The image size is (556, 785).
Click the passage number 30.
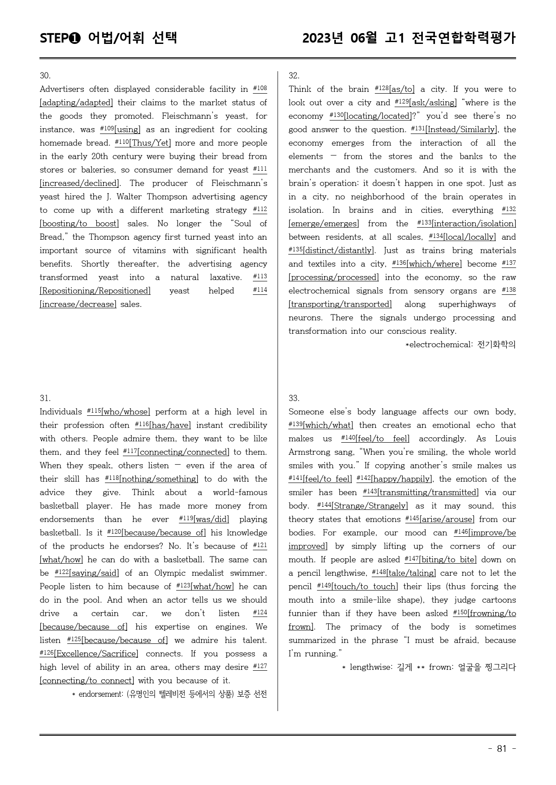click(x=45, y=76)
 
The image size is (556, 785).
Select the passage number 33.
click(x=294, y=398)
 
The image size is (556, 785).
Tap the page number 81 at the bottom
click(x=502, y=749)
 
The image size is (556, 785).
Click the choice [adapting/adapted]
click(x=76, y=103)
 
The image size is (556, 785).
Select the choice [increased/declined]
click(x=79, y=183)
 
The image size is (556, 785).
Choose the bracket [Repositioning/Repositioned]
click(x=95, y=291)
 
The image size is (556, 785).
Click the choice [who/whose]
click(x=126, y=412)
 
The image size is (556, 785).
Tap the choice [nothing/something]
click(x=159, y=479)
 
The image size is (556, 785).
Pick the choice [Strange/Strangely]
click(x=369, y=506)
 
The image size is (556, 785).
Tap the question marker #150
click(x=460, y=612)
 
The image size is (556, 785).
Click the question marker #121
click(x=260, y=545)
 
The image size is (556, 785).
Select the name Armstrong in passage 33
click(x=312, y=452)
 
